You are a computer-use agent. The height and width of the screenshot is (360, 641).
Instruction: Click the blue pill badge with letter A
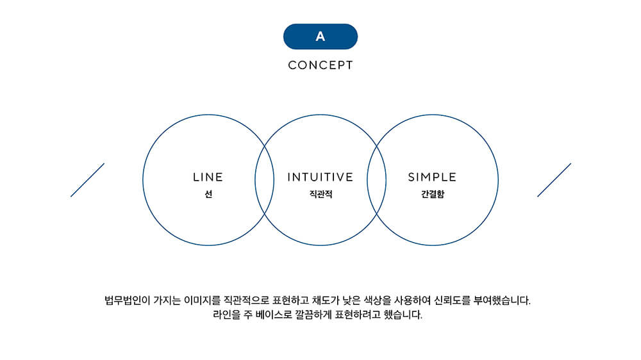(x=320, y=37)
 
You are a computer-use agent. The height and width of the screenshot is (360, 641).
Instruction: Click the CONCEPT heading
(x=320, y=65)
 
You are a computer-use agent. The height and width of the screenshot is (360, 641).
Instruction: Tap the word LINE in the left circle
(x=208, y=177)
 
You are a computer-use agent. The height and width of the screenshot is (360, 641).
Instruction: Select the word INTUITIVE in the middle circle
(x=320, y=177)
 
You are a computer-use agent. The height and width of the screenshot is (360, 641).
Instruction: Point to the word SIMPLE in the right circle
(x=432, y=177)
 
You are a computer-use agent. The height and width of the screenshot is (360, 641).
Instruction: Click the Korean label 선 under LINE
(x=208, y=194)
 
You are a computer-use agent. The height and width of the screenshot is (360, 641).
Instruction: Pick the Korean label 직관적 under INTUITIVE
(x=320, y=194)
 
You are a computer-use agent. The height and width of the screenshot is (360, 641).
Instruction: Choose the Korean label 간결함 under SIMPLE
(x=433, y=194)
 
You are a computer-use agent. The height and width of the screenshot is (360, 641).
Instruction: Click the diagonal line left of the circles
(x=87, y=180)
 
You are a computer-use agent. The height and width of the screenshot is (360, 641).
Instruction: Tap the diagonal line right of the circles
(x=554, y=180)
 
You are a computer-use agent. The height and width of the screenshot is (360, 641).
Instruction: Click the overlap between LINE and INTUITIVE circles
(x=264, y=180)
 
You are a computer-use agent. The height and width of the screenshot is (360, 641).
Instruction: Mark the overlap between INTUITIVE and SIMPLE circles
(x=376, y=180)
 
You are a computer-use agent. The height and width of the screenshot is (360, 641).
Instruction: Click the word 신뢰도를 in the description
(x=452, y=301)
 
